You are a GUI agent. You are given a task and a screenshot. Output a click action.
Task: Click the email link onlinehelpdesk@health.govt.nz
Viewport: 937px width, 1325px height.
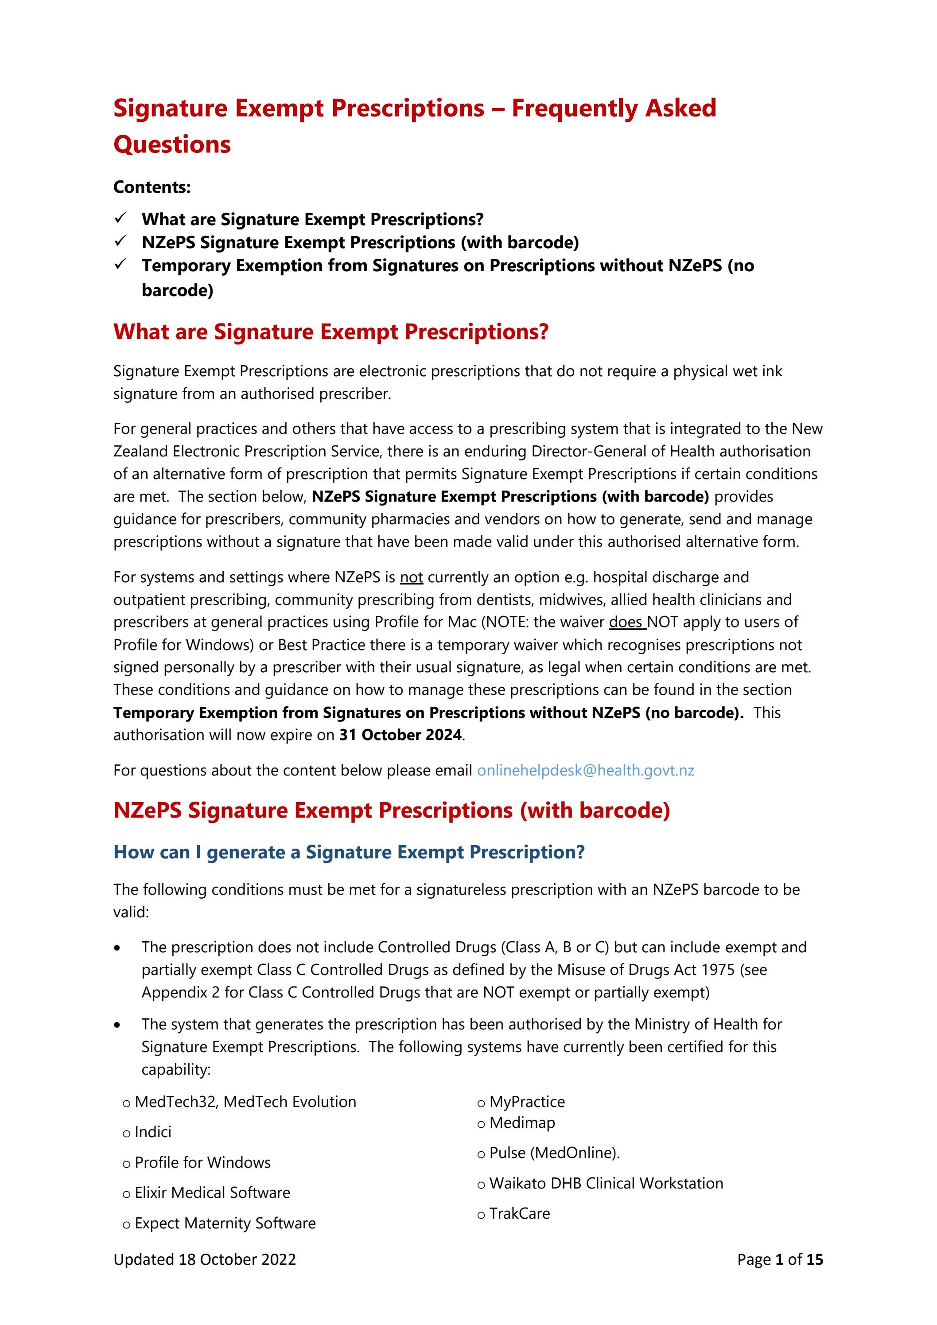(585, 771)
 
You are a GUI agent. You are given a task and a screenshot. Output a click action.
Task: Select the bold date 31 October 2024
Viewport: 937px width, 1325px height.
(400, 735)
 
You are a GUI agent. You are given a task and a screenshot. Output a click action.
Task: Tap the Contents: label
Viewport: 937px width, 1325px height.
(152, 187)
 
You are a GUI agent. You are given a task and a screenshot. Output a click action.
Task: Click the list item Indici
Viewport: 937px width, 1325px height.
(153, 1132)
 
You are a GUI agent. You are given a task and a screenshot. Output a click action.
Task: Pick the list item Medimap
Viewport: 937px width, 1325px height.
(521, 1122)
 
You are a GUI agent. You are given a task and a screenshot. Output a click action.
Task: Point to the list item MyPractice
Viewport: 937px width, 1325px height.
(527, 1102)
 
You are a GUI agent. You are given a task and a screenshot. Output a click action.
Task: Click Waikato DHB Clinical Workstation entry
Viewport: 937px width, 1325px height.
(606, 1183)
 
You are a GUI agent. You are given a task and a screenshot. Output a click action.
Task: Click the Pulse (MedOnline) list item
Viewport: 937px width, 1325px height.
(554, 1153)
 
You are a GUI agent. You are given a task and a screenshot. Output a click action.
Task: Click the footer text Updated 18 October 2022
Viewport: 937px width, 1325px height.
(204, 1259)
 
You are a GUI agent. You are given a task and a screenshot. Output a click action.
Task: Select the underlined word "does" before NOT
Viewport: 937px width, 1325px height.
(626, 622)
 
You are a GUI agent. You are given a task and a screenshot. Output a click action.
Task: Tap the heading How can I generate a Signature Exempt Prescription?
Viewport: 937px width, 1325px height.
(349, 852)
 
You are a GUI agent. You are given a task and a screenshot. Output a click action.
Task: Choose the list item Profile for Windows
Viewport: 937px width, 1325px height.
(202, 1162)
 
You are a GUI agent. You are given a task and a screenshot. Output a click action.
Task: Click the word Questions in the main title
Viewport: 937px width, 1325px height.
(172, 144)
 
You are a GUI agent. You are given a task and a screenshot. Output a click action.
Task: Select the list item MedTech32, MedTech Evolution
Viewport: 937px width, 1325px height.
(245, 1102)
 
